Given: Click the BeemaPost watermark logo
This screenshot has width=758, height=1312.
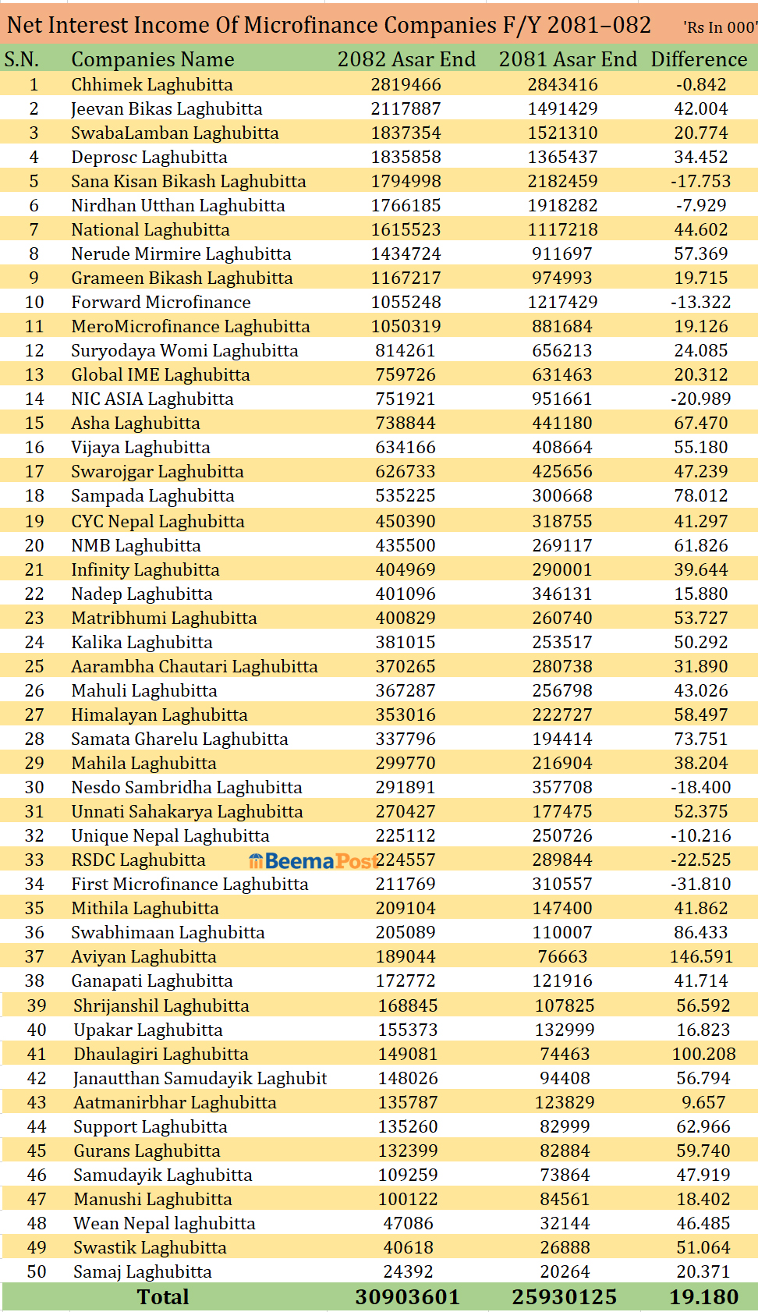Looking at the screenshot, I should [313, 860].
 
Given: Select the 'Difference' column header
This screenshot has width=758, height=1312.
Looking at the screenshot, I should [699, 59].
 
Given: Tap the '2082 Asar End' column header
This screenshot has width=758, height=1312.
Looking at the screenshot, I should [406, 59].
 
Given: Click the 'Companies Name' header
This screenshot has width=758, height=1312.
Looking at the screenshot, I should [153, 59].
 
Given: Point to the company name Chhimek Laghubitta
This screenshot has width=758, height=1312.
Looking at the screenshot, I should [152, 84].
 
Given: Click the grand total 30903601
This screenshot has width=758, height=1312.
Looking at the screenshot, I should [407, 1296].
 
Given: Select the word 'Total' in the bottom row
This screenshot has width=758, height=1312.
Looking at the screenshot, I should [163, 1296].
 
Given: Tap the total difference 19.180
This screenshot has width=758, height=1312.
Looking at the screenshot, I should [703, 1296].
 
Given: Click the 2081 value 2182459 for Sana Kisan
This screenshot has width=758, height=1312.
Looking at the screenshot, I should [562, 181].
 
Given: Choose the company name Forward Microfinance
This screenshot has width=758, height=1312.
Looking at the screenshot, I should [161, 302].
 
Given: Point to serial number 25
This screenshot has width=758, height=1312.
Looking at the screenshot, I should [34, 666].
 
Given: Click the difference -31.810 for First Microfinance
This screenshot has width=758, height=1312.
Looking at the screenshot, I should [701, 884].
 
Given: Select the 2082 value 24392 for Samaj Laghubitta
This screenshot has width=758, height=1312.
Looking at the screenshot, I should [408, 1271].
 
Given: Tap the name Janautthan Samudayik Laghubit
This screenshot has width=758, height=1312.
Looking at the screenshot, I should [200, 1078].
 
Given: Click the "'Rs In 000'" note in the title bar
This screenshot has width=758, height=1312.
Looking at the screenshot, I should [719, 27].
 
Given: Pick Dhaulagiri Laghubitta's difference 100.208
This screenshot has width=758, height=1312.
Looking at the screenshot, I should [703, 1054].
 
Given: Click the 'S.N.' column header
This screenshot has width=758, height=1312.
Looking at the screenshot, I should [22, 59].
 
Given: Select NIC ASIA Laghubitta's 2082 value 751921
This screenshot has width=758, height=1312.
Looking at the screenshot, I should [406, 399].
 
